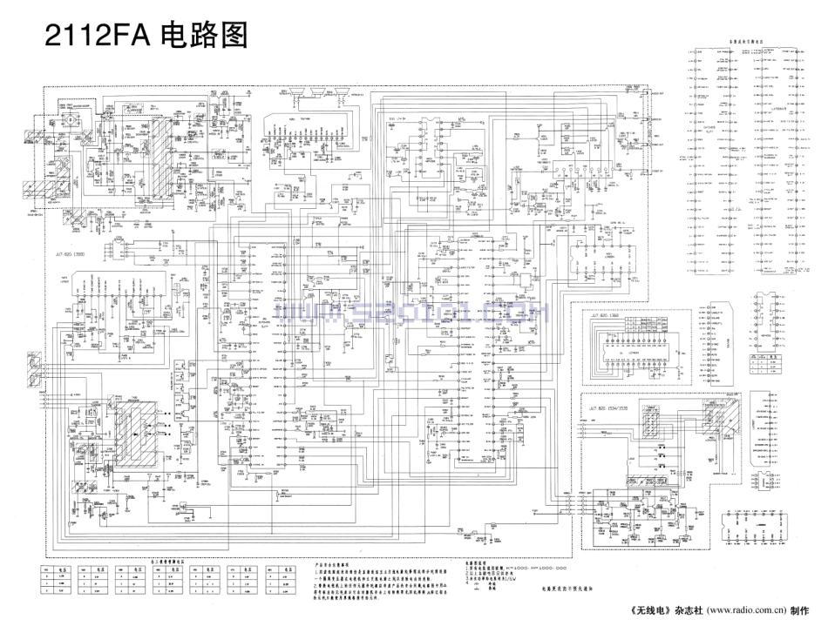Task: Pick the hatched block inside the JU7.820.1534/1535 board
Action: click(x=648, y=421)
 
